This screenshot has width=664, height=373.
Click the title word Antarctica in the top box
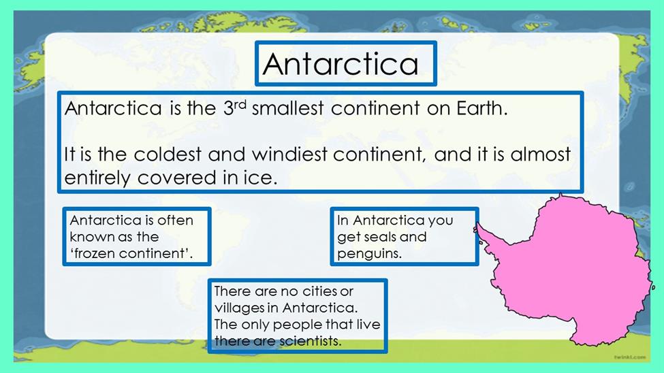[341, 64]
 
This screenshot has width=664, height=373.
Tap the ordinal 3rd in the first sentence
[234, 108]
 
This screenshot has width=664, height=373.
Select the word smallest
[288, 108]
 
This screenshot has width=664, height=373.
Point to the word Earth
[482, 108]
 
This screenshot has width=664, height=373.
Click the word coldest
[168, 154]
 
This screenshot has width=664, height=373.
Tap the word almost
[540, 154]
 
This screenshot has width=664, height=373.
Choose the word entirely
[97, 178]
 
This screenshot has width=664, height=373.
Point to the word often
[175, 220]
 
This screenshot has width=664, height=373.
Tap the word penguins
[369, 254]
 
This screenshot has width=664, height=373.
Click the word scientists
[310, 341]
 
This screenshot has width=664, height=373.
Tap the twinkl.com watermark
[630, 357]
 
